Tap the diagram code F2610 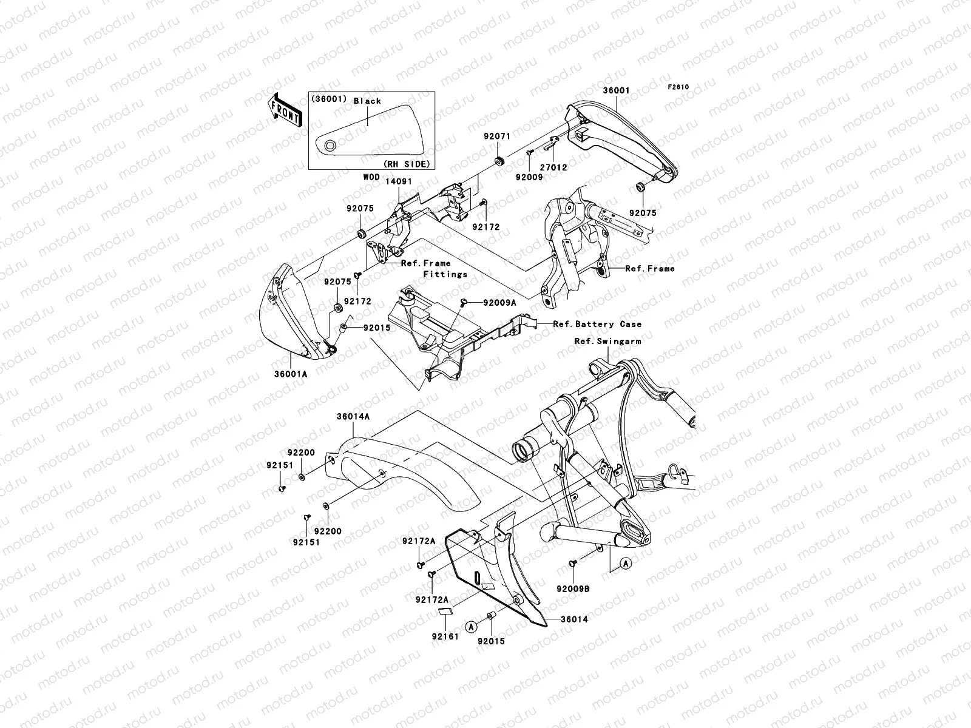click(678, 87)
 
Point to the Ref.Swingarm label click(607, 342)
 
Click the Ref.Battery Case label click(597, 325)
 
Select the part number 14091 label click(399, 181)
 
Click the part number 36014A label click(353, 417)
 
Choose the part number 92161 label click(445, 637)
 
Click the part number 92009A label click(499, 302)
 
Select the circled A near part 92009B click(626, 564)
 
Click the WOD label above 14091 click(371, 177)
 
